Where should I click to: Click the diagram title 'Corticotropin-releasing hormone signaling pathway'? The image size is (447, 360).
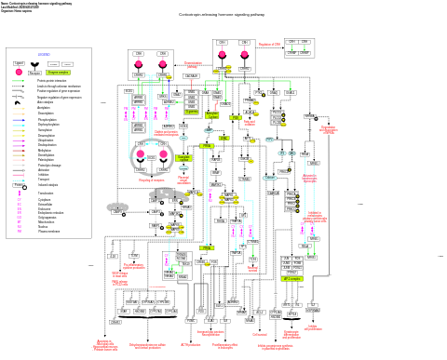pyautogui.click(x=223, y=15)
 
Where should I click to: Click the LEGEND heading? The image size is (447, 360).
pyautogui.click(x=44, y=54)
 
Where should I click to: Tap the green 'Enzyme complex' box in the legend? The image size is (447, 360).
pyautogui.click(x=59, y=72)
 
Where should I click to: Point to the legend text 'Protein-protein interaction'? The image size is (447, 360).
pyautogui.click(x=54, y=81)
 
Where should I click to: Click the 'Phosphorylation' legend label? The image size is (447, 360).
pyautogui.click(x=47, y=119)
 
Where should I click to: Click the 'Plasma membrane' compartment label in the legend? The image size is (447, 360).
pyautogui.click(x=49, y=231)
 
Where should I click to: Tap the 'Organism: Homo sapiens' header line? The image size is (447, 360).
pyautogui.click(x=20, y=11)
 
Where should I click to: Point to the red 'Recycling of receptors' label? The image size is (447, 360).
pyautogui.click(x=139, y=180)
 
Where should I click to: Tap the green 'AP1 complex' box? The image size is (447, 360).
pyautogui.click(x=292, y=278)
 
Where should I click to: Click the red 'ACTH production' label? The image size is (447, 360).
pyautogui.click(x=191, y=344)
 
